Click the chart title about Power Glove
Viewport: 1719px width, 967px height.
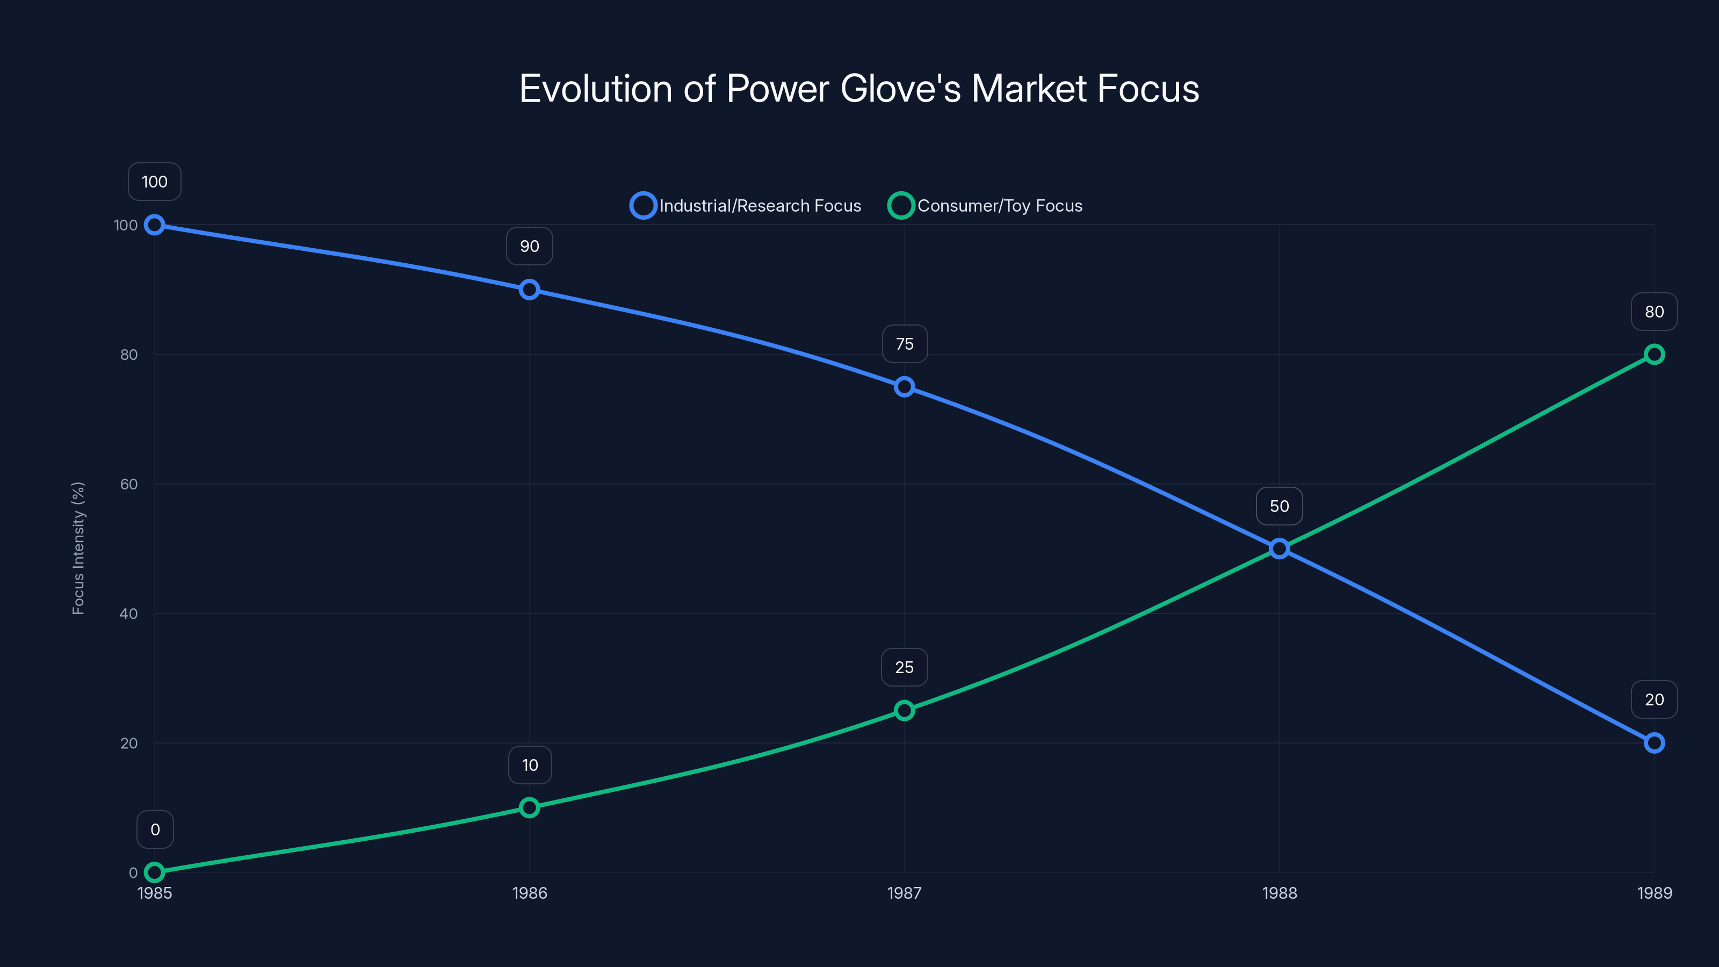pos(859,89)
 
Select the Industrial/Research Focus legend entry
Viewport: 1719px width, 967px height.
pos(746,206)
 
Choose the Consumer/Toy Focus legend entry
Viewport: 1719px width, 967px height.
pos(986,206)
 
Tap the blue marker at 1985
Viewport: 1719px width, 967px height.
pos(155,225)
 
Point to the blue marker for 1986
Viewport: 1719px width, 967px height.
pos(529,290)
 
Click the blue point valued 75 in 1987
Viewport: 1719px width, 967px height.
pos(904,387)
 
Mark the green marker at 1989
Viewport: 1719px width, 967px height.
pos(1653,355)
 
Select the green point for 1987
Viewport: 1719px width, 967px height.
pos(904,711)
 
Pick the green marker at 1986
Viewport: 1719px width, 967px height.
pos(529,807)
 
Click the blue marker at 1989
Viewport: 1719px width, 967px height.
pos(1653,743)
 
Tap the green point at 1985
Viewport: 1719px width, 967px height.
pos(155,872)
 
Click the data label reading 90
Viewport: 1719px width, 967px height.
pos(529,246)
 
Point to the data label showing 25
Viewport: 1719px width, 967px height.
pos(904,667)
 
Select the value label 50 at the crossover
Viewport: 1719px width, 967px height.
pos(1279,507)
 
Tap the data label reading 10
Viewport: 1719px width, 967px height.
pos(530,765)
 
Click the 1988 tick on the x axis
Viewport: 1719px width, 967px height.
pos(1279,893)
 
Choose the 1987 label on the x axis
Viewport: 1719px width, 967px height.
pos(904,893)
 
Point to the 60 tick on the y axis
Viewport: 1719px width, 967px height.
pos(129,484)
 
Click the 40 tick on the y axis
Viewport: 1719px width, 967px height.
pos(129,614)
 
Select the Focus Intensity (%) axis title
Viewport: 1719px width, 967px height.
pos(79,548)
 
